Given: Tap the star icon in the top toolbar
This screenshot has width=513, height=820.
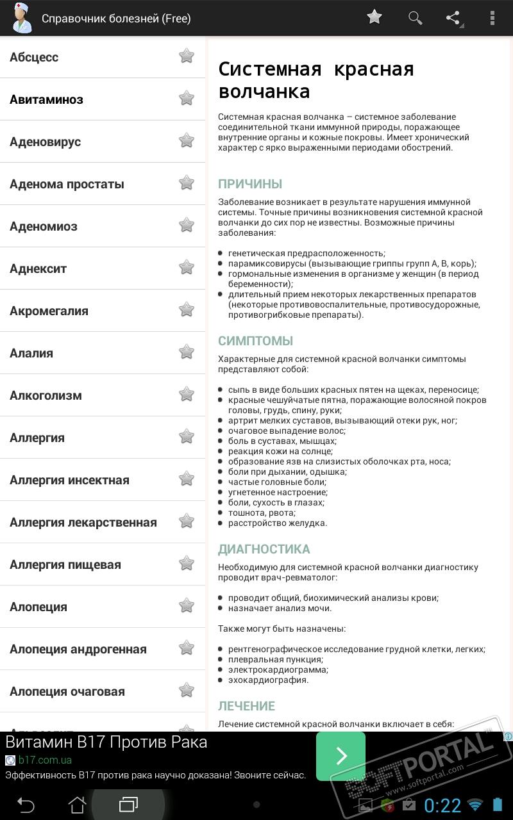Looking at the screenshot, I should [374, 17].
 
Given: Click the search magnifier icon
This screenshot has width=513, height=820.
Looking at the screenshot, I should [415, 17].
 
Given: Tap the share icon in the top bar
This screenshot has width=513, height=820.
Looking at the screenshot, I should [453, 17].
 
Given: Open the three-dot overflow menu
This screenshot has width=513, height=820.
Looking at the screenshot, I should [492, 17].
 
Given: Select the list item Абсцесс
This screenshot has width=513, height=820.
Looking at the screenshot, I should [34, 57].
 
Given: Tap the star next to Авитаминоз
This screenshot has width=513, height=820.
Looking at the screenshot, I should [187, 98].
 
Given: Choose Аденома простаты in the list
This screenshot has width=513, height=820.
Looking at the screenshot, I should [67, 184].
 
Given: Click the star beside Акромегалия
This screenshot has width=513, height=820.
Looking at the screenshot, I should [187, 309].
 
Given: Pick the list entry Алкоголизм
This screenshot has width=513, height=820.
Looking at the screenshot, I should [46, 395].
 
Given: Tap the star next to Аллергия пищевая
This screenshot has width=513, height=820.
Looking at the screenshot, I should [187, 563].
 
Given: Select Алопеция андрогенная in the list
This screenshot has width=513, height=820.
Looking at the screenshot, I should [78, 649].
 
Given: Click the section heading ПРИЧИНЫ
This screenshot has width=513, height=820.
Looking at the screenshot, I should [250, 184].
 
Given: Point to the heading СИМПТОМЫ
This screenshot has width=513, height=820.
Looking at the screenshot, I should [255, 341].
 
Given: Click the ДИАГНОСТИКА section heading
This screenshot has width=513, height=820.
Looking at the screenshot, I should [264, 549].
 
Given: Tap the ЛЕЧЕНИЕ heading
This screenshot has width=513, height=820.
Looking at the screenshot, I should [246, 706].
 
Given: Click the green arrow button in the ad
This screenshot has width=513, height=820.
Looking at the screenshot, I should [341, 756].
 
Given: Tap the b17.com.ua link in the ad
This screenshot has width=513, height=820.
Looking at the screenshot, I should [45, 760].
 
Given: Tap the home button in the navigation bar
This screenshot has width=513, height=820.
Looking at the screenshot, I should [77, 804].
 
